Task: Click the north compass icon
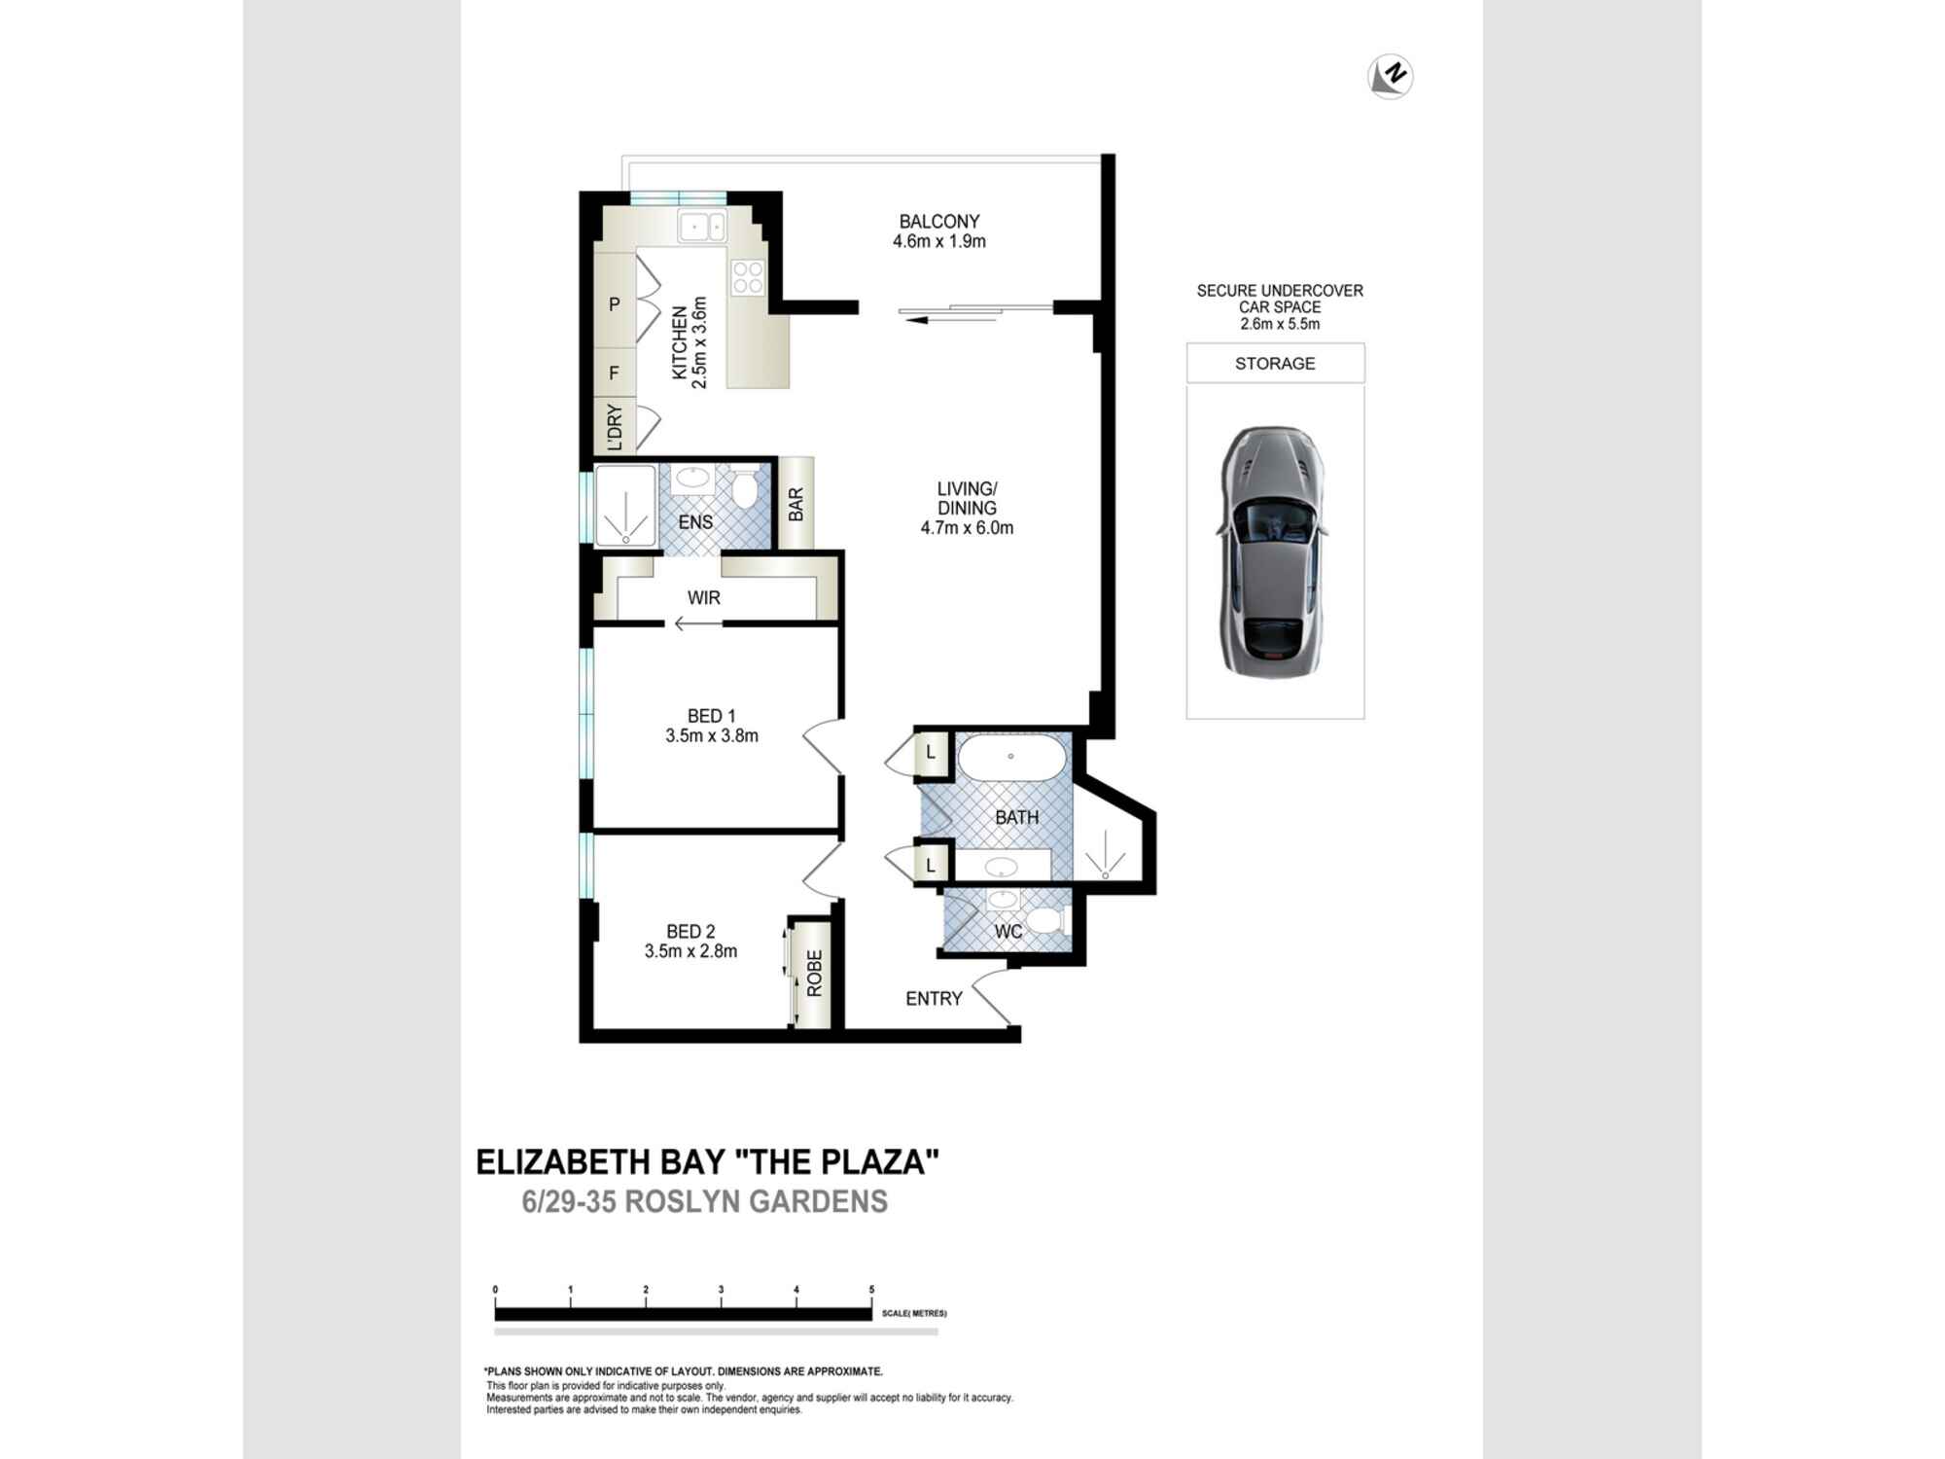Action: [x=1390, y=76]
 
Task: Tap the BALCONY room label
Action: [x=939, y=222]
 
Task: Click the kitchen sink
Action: [x=702, y=227]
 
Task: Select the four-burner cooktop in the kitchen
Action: [x=748, y=276]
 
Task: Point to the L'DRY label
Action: [x=615, y=426]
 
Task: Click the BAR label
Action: [x=796, y=504]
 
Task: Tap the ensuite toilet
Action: [x=746, y=489]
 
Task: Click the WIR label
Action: [x=704, y=597]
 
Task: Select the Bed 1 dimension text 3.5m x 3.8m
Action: [x=712, y=736]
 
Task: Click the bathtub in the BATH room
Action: [x=1011, y=757]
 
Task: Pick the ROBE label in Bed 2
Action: [x=815, y=974]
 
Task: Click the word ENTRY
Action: [x=934, y=999]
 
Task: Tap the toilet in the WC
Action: [x=1044, y=919]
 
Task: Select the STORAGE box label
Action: [x=1275, y=364]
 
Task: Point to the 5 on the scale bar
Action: [x=871, y=1290]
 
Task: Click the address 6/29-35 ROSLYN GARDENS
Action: [x=705, y=1202]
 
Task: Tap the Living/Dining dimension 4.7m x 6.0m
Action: [x=968, y=528]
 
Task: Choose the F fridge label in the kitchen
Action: [x=614, y=374]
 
